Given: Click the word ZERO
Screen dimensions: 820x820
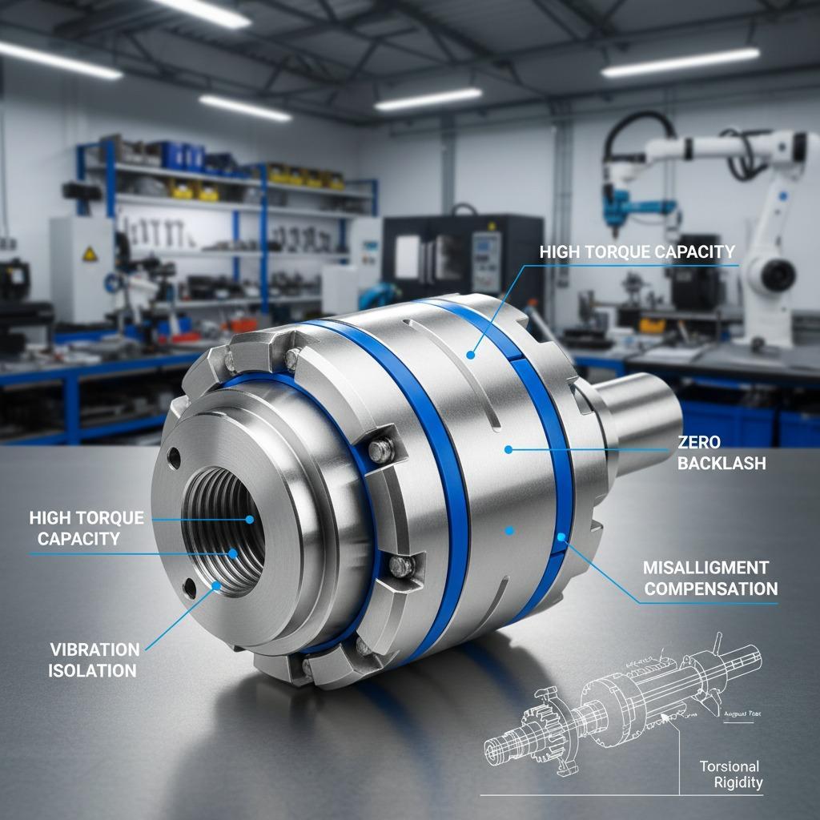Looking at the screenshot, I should [x=699, y=442].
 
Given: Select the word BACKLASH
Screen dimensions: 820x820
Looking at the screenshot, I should [x=721, y=463].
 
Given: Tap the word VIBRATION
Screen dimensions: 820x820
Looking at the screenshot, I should [x=94, y=649].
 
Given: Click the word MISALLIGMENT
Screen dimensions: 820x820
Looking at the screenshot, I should [x=706, y=568].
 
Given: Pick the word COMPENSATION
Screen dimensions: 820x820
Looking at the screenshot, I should [x=711, y=589].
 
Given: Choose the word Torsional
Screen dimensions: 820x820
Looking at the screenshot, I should [x=730, y=766].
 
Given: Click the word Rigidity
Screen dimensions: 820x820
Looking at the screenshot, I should [x=738, y=782].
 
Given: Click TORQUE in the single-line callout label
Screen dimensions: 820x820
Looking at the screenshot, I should [x=618, y=252].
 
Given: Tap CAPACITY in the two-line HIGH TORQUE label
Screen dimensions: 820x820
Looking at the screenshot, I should [x=78, y=539].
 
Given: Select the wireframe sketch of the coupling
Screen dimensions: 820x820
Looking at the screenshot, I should [x=593, y=705].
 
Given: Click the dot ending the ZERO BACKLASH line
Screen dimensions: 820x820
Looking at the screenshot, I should [x=508, y=449].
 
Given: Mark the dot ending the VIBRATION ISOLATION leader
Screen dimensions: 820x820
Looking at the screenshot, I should [x=216, y=585].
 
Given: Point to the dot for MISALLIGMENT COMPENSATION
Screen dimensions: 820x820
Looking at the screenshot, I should [x=561, y=537].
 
